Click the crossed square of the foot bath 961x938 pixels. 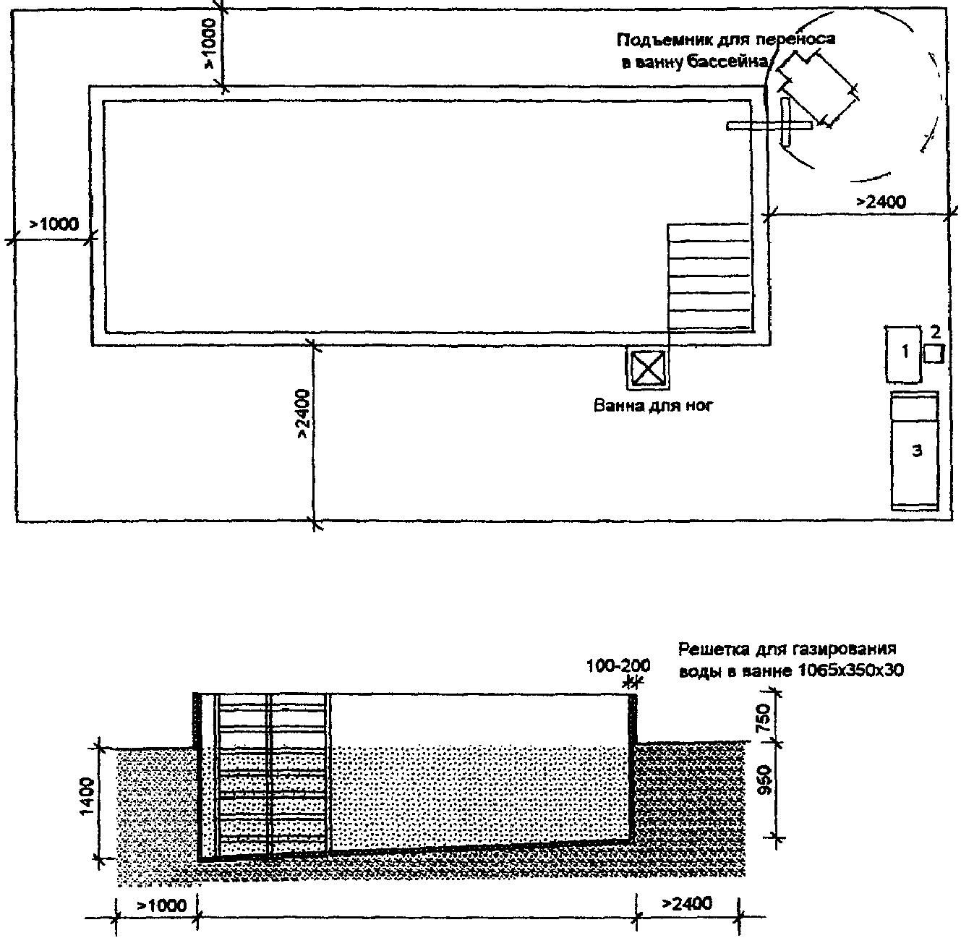[647, 368]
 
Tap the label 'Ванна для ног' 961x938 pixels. [654, 406]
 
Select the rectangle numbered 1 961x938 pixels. [904, 354]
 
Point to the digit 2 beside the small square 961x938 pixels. [935, 332]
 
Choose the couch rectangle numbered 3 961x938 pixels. [915, 451]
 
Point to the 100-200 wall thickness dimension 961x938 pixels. [618, 666]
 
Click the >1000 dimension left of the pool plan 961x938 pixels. [54, 224]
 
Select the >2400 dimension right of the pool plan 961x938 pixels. [881, 202]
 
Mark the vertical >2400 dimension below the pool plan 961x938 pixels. [302, 414]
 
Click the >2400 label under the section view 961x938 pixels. [687, 903]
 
